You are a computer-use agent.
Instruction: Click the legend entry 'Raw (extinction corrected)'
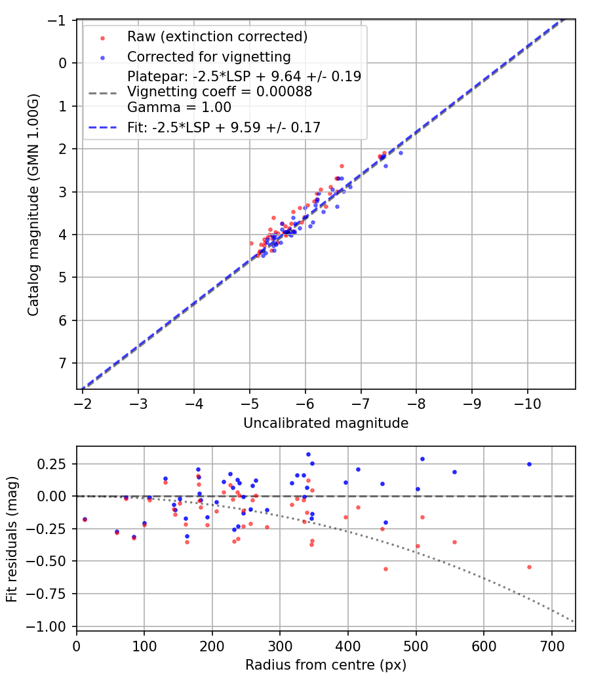[217, 36]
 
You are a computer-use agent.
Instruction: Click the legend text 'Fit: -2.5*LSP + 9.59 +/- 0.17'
[224, 127]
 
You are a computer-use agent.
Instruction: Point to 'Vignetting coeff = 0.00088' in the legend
[220, 92]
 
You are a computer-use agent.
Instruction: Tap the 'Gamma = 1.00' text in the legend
[179, 107]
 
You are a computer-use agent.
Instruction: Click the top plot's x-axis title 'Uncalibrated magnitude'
[326, 423]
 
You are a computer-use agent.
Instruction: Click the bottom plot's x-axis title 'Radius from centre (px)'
[326, 665]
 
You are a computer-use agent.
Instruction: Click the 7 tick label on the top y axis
[64, 363]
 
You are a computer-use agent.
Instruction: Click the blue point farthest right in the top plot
[401, 153]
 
